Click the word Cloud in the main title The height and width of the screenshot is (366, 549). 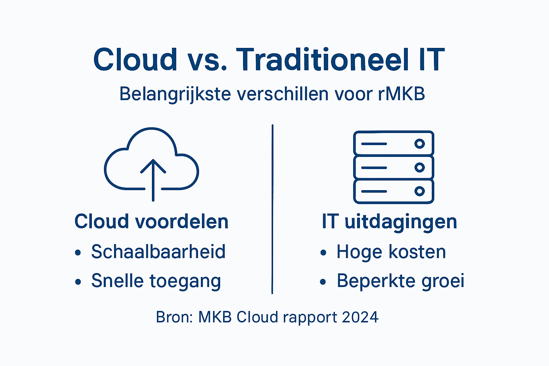click(135, 60)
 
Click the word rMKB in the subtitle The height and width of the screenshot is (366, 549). click(401, 94)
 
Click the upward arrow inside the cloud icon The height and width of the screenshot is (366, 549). click(153, 179)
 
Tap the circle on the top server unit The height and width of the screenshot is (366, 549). click(419, 144)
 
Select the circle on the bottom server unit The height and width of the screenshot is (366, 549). click(419, 191)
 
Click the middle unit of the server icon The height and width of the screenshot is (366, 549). click(393, 167)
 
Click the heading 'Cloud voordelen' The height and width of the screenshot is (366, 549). click(151, 222)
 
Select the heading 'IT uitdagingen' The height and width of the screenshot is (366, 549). click(389, 222)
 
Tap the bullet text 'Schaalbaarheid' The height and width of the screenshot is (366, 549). click(158, 252)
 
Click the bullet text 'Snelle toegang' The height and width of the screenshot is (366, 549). click(156, 281)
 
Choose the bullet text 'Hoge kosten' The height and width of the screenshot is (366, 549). click(391, 252)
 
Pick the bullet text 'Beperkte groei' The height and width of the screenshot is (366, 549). click(400, 281)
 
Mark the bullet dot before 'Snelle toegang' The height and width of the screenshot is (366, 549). click(78, 282)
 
